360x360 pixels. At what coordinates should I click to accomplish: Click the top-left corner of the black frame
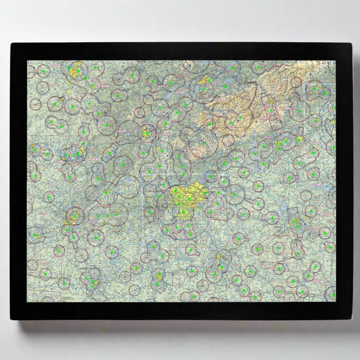[x=11, y=44]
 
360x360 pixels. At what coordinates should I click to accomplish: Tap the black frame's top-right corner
[x=351, y=44]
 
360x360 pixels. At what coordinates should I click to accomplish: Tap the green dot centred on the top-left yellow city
[x=78, y=71]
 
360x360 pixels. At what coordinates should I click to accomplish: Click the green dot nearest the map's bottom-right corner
[x=333, y=295]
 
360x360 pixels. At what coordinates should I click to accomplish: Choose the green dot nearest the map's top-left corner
[x=43, y=71]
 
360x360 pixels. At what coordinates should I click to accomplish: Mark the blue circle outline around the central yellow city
[x=158, y=211]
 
